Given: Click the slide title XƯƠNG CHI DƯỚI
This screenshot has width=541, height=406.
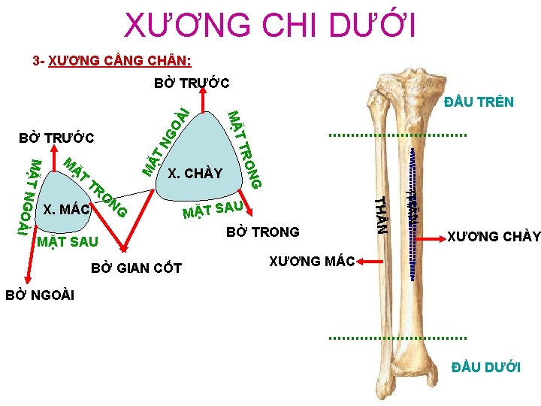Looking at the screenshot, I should click(x=270, y=26).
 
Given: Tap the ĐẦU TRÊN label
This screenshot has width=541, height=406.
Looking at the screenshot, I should click(x=479, y=101).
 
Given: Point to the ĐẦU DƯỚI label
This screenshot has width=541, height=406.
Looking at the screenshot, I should click(x=485, y=367).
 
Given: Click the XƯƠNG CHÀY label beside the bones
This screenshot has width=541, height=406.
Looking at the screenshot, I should click(x=494, y=236).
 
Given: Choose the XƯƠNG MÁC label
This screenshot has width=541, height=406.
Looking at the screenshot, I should click(x=312, y=261).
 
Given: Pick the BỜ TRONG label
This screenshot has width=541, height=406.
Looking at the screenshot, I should click(x=262, y=232).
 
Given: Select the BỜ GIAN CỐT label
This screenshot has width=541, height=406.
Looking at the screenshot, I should click(x=136, y=268).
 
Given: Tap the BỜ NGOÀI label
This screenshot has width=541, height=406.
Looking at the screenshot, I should click(x=40, y=294).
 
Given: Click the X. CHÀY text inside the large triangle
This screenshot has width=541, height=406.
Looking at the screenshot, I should click(x=195, y=174).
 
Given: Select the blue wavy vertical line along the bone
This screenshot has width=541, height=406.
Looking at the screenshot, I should click(x=413, y=211).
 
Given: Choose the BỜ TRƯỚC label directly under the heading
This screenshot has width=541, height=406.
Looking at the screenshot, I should click(x=192, y=83).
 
